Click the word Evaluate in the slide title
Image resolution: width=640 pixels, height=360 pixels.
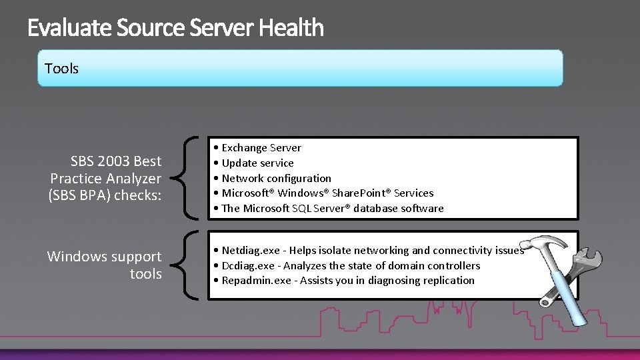tap(70, 28)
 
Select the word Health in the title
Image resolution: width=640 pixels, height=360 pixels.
tap(291, 28)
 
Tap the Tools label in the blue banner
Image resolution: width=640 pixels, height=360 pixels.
tap(61, 69)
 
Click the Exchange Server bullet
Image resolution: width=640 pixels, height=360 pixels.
tap(261, 148)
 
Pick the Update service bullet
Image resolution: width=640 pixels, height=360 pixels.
tap(257, 163)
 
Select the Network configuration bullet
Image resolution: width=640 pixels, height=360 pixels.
tap(276, 179)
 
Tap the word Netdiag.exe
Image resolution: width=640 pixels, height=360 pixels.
tap(250, 251)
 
